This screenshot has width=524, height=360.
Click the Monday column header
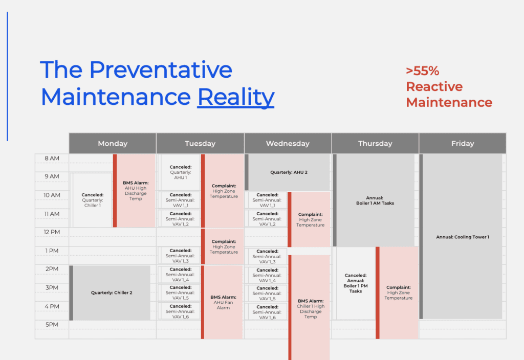[113, 143]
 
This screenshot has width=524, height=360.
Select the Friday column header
[463, 143]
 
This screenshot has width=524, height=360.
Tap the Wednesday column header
[288, 143]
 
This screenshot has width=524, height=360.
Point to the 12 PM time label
[52, 232]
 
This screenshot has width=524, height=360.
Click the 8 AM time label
[52, 159]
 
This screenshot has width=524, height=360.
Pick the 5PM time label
[52, 325]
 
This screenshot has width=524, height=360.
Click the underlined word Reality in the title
[235, 97]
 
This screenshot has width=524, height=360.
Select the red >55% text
[422, 71]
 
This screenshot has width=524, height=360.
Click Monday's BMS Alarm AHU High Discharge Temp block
[134, 191]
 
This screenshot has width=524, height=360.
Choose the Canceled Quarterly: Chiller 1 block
[92, 200]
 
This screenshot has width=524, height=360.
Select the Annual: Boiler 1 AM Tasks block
[374, 200]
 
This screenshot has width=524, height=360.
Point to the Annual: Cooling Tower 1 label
[463, 237]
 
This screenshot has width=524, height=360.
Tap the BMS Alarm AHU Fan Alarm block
[222, 302]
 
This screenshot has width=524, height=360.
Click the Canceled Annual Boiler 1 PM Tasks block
[356, 283]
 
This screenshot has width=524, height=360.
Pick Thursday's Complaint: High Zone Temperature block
[397, 293]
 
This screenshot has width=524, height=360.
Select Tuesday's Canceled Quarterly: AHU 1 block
[181, 172]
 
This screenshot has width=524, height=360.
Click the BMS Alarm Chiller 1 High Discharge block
[309, 307]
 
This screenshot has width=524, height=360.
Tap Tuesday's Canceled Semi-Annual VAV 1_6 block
[181, 311]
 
